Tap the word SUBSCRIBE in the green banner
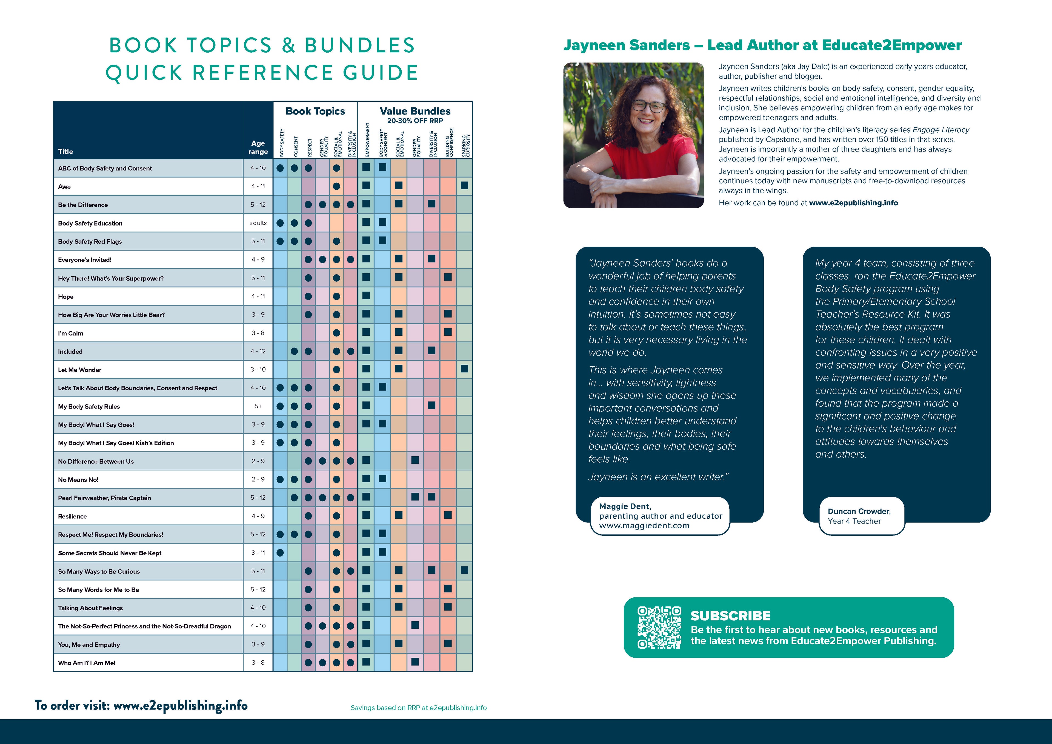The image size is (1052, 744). click(730, 616)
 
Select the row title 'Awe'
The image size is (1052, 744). click(65, 187)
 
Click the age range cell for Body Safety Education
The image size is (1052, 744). click(258, 223)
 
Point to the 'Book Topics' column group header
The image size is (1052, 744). click(315, 111)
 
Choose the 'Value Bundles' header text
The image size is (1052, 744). click(415, 111)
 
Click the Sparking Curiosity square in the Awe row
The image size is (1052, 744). click(464, 186)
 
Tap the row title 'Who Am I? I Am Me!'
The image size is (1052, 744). click(87, 663)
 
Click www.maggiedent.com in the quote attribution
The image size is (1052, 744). click(644, 526)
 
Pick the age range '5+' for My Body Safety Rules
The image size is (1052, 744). click(258, 406)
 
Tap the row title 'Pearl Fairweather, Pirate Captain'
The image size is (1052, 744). click(104, 498)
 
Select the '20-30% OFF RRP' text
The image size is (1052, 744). click(415, 121)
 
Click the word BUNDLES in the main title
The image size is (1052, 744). click(360, 45)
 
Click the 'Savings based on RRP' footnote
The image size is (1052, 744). click(418, 708)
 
